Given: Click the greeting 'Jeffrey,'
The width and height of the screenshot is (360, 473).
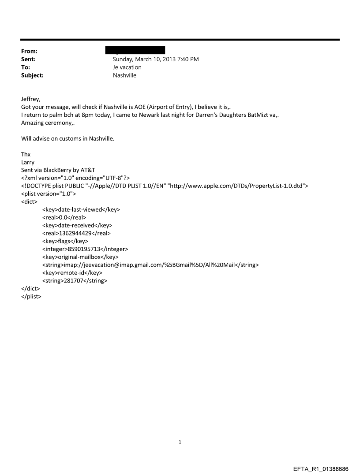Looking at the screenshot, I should click(32, 99).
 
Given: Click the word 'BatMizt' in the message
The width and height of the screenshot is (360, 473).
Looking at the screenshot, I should click(256, 115).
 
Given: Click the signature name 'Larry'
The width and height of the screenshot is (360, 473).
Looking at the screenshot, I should click(28, 163).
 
